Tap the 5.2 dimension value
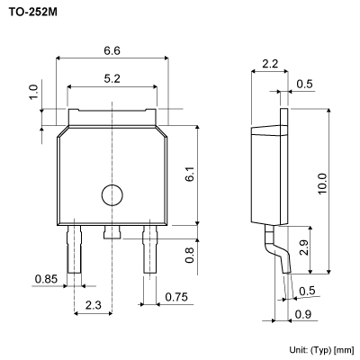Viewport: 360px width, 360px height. pos(112,79)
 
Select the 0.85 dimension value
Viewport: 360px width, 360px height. pos(47,280)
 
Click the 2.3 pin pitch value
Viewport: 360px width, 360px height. pos(92,307)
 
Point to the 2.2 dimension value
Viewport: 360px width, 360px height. pos(269,64)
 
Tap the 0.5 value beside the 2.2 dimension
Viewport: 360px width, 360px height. pos(305,85)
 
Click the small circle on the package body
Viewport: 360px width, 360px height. pos(111,194)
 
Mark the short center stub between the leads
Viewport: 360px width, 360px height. pos(111,232)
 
